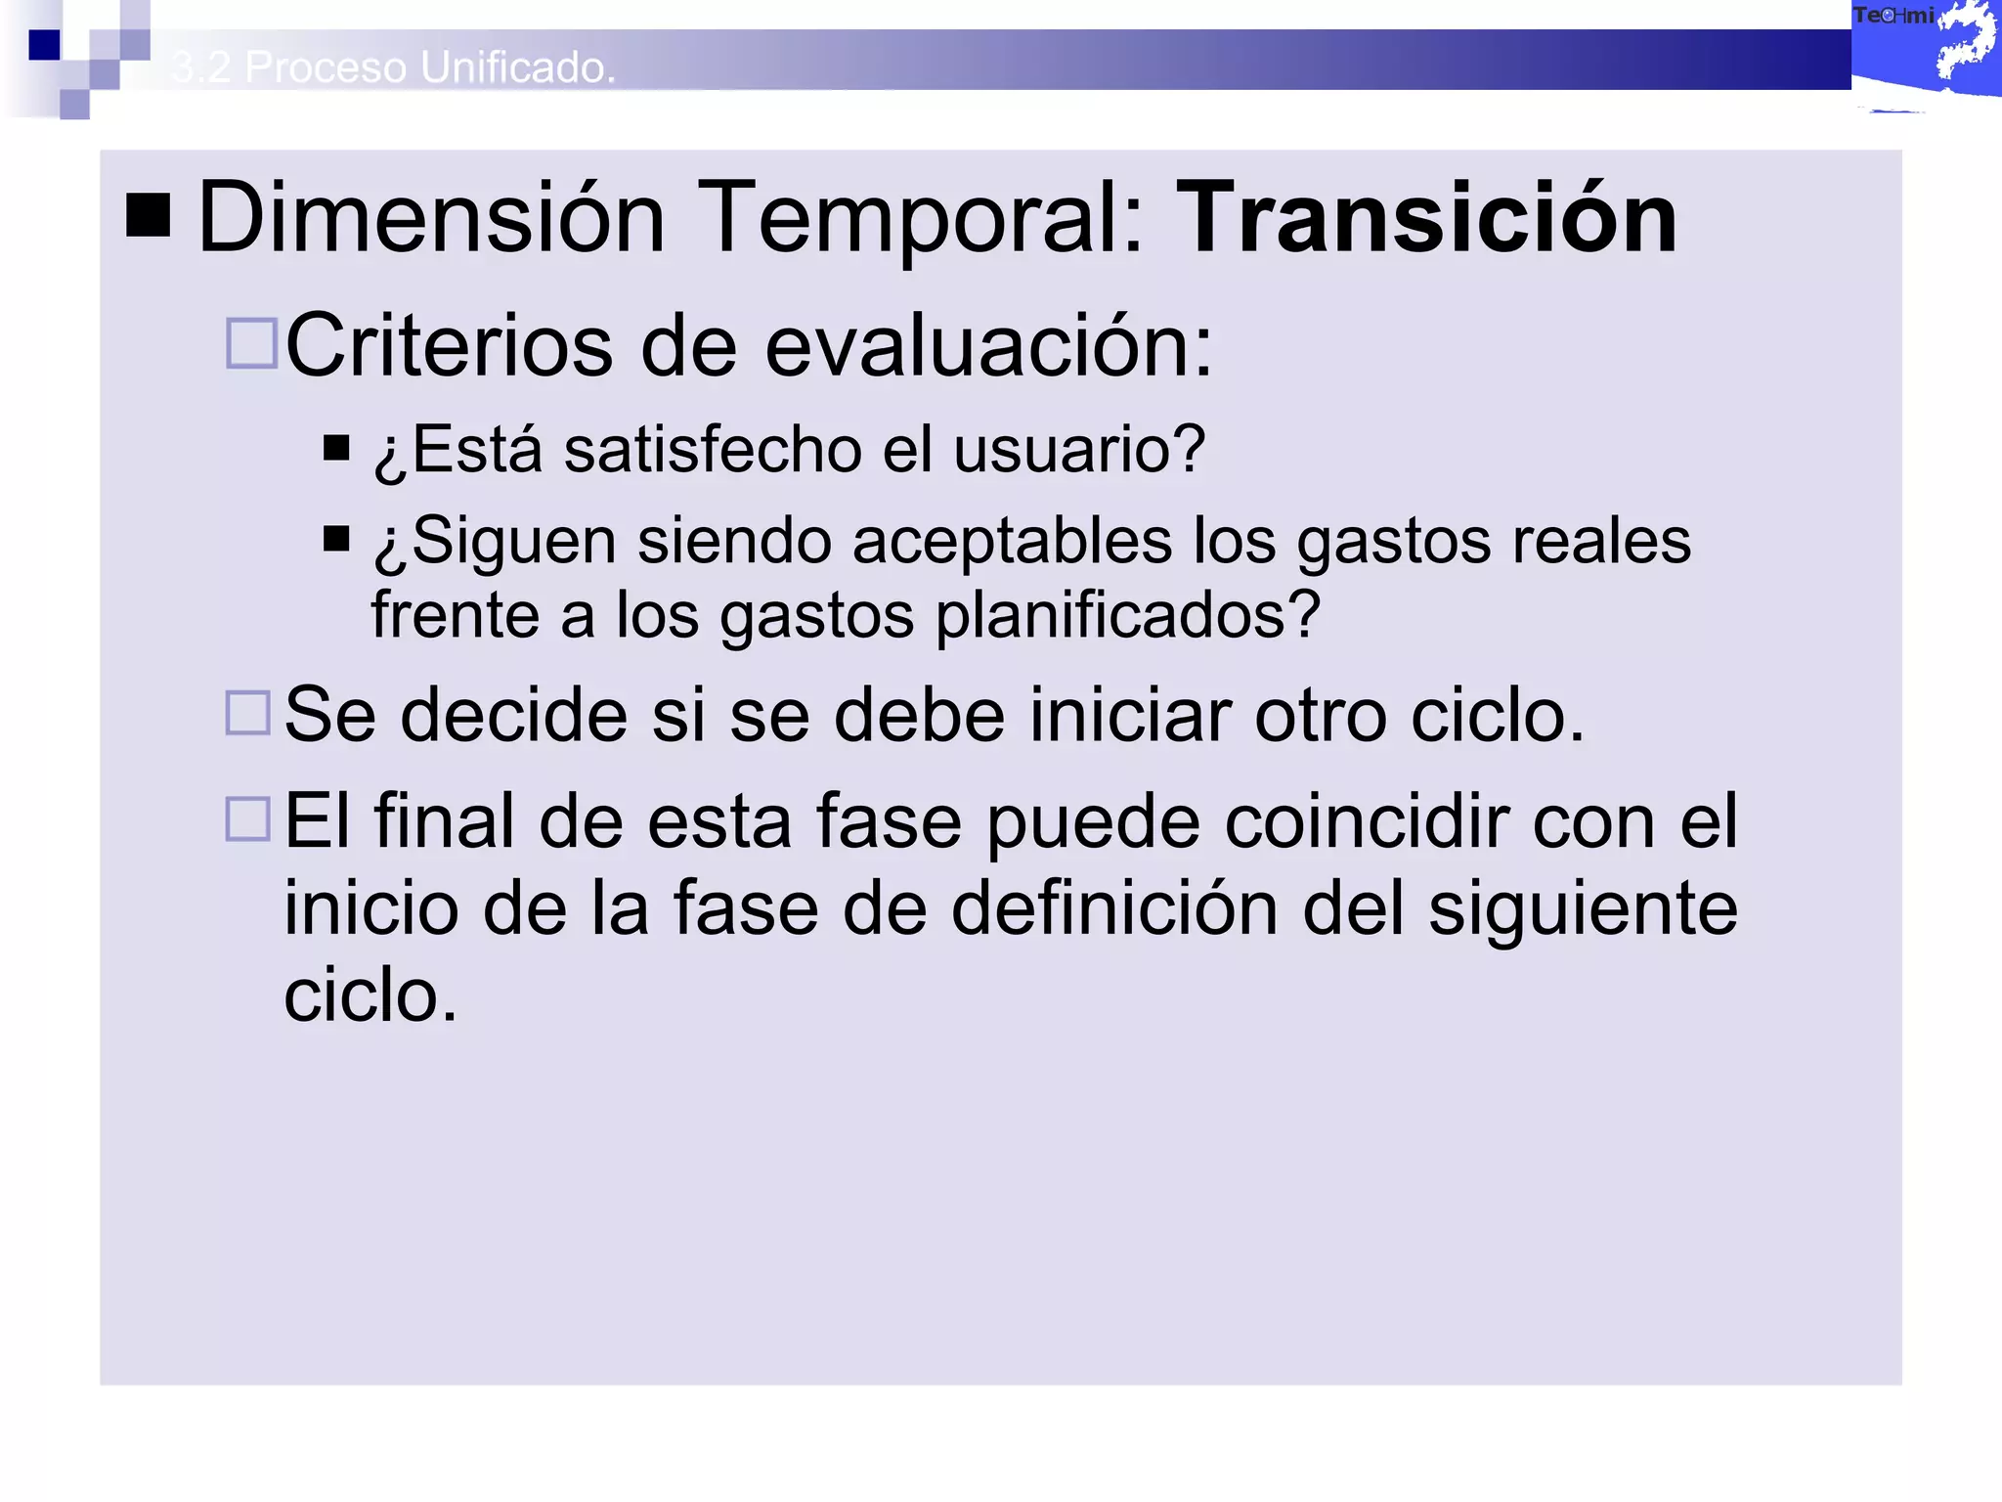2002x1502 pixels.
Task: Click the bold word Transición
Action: point(1426,219)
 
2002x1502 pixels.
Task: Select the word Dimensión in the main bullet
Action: point(431,219)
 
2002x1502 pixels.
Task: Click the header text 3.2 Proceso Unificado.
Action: point(393,67)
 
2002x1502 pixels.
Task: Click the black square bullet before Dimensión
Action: point(149,215)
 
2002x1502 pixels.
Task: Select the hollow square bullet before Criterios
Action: point(251,343)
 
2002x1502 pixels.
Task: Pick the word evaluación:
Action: point(988,346)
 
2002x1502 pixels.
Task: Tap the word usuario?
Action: point(1079,451)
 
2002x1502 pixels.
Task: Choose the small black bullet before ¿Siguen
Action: point(336,539)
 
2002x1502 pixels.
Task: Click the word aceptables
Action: point(1012,541)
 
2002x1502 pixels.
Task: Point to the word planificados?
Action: point(1128,616)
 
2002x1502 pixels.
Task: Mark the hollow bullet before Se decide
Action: point(248,713)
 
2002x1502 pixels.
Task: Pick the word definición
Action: point(1114,908)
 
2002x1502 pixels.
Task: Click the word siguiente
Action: point(1583,908)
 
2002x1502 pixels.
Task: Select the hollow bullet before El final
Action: point(248,819)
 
